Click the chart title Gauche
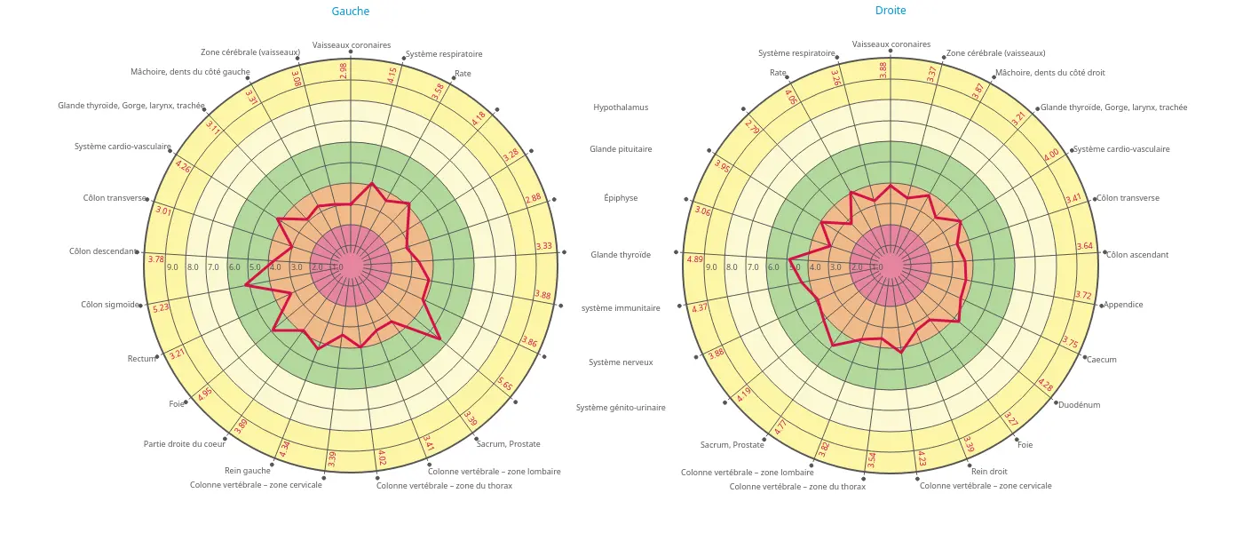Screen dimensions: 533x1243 [x=350, y=12]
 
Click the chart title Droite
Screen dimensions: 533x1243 [x=891, y=11]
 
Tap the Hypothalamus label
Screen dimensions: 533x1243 [x=621, y=107]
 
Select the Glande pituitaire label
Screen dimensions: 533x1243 [x=621, y=149]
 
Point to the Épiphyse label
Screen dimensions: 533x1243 [x=621, y=198]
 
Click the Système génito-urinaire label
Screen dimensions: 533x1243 [x=621, y=408]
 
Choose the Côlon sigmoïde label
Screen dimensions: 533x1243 [x=110, y=305]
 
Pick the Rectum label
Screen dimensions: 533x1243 [x=141, y=359]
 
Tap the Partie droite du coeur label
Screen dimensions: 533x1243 [x=185, y=444]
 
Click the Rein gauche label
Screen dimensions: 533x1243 [x=247, y=471]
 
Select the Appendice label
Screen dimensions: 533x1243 [x=1123, y=305]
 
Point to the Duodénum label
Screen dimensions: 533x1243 [x=1079, y=405]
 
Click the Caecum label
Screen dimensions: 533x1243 [x=1102, y=360]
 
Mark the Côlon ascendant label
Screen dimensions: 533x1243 [x=1137, y=255]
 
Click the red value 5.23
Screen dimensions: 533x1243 [x=161, y=307]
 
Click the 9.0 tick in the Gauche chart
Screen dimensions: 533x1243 [x=172, y=267]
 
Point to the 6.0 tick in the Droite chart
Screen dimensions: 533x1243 [x=773, y=267]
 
